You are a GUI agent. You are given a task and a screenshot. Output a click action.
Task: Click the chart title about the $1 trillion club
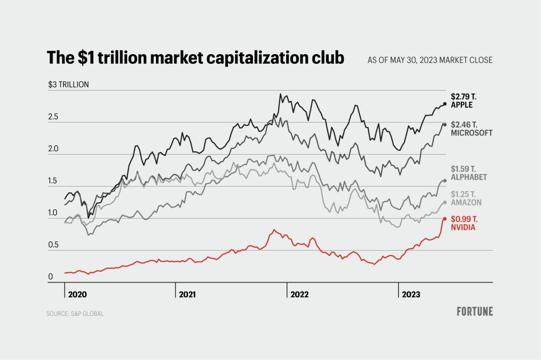point(195,58)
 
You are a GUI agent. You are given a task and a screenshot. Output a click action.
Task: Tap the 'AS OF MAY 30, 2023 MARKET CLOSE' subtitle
point(430,60)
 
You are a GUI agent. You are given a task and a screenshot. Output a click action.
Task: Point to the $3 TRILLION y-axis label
point(68,85)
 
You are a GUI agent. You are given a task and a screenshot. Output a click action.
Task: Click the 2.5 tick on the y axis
point(53,117)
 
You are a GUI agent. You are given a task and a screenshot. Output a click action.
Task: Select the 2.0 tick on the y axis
point(53,149)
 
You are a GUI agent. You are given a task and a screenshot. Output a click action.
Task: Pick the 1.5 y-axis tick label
point(53,181)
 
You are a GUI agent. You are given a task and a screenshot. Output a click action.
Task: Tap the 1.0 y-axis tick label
point(53,213)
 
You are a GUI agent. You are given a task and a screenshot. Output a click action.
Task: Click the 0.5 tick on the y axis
point(53,245)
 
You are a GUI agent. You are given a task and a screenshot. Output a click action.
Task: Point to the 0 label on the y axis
point(50,277)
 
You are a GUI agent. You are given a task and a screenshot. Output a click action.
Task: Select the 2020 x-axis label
point(77,294)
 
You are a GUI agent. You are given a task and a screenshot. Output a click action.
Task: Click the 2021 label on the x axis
point(187,294)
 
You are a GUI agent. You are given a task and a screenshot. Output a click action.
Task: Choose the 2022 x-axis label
point(299,294)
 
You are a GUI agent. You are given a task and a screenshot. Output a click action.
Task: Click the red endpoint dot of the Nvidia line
point(445,219)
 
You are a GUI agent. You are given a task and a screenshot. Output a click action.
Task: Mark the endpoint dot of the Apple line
point(445,104)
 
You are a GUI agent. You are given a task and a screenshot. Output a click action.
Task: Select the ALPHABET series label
point(468,177)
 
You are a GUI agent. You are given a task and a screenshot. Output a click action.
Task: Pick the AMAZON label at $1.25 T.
point(466,202)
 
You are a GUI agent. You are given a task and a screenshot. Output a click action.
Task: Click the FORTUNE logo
point(475,312)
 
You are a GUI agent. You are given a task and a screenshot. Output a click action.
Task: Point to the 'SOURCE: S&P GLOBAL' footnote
point(75,314)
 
